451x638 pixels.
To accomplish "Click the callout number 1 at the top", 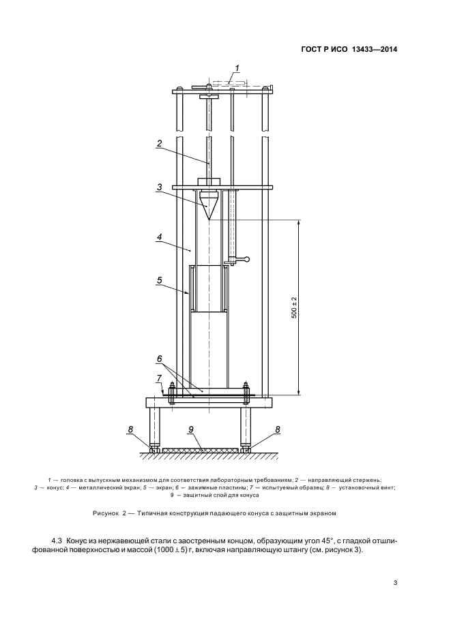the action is [x=237, y=68].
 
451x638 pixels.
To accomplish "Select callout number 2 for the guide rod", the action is [x=160, y=143].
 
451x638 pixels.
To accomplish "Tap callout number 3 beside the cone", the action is [x=160, y=187].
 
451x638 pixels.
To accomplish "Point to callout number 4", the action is [x=160, y=236].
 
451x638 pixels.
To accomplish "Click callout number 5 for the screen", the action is [x=160, y=280].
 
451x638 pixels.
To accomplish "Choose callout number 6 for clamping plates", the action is [x=160, y=359].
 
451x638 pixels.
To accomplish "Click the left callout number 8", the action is [x=131, y=429].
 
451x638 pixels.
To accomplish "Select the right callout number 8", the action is [x=278, y=429].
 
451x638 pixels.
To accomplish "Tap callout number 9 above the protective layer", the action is [x=190, y=429].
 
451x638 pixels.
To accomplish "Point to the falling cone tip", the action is [x=209, y=220].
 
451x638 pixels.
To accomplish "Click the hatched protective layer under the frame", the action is [x=201, y=451].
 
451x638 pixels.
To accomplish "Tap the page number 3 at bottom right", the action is [x=395, y=583].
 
